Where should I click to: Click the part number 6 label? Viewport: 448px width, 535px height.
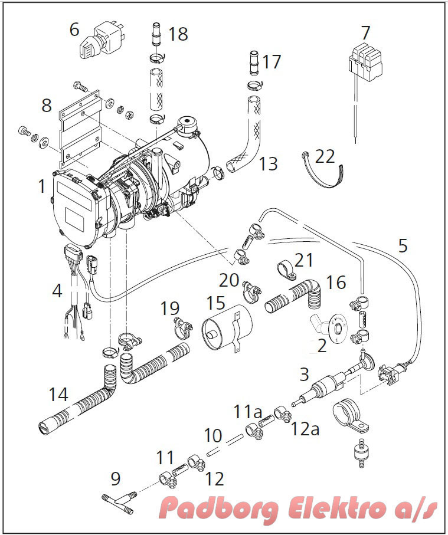tap(74, 29)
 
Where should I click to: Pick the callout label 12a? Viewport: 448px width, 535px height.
tap(305, 429)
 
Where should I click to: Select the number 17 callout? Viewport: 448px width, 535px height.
tap(272, 61)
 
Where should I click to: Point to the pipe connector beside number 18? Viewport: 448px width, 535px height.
tap(156, 34)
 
